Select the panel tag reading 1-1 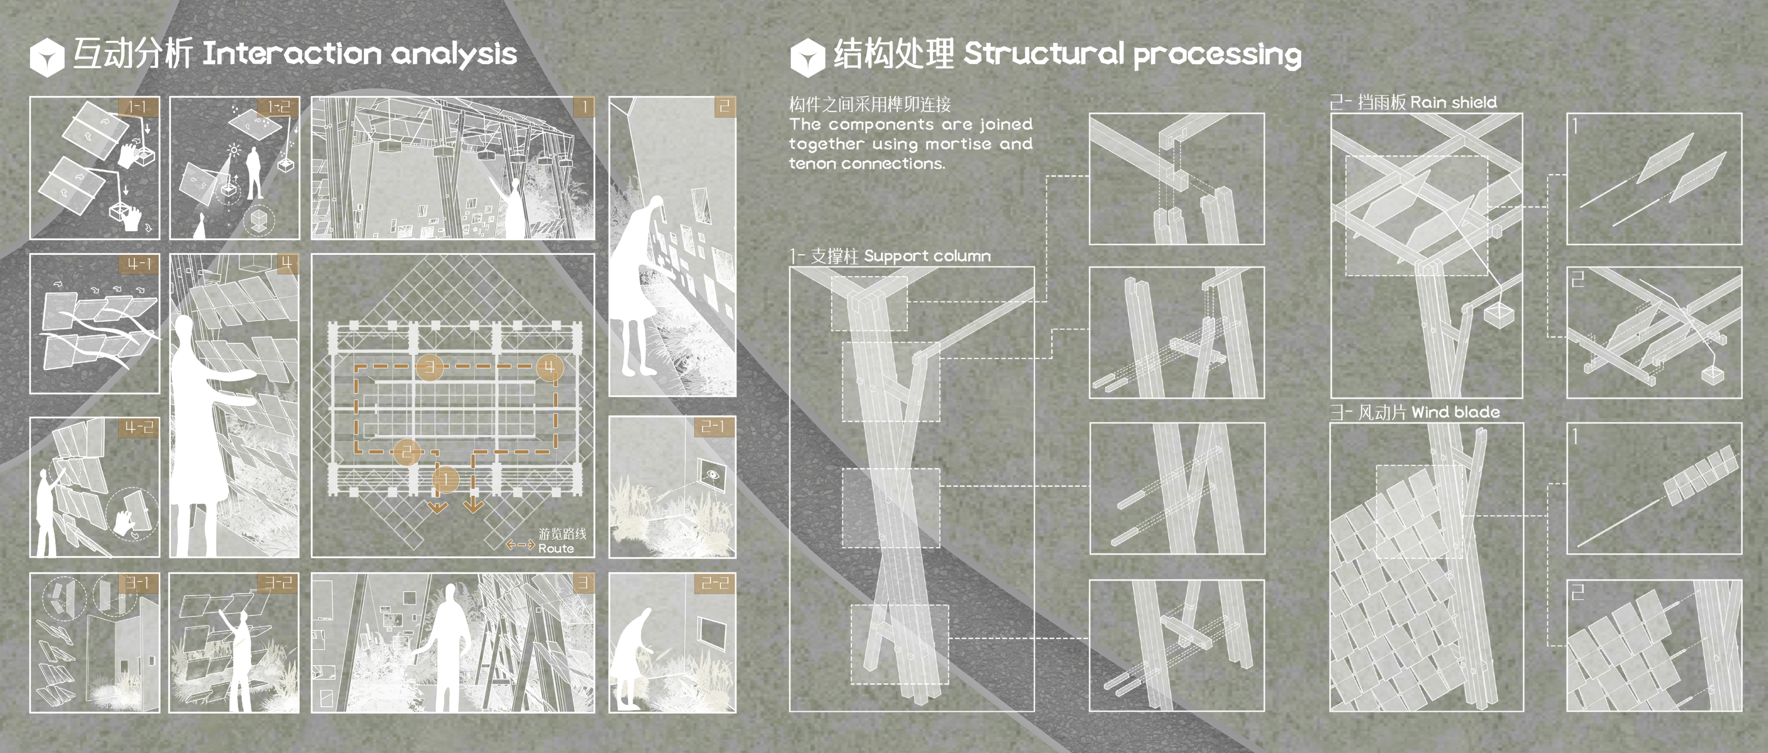[138, 106]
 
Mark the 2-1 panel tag [714, 427]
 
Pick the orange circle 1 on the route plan [446, 479]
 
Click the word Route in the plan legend [556, 548]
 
